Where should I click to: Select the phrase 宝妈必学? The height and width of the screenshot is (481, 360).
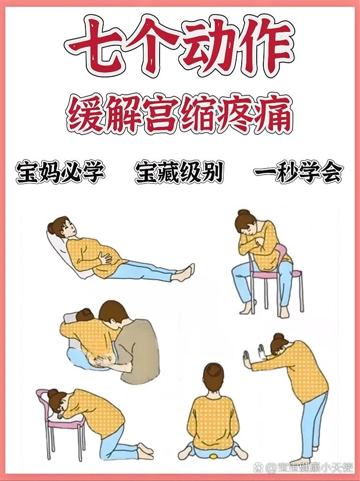60,173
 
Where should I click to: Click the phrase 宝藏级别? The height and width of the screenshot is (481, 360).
179,173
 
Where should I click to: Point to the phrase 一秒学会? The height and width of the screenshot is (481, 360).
299,173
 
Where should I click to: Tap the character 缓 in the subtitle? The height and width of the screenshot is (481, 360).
85,114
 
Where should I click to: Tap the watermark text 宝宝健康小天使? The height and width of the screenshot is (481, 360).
310,467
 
